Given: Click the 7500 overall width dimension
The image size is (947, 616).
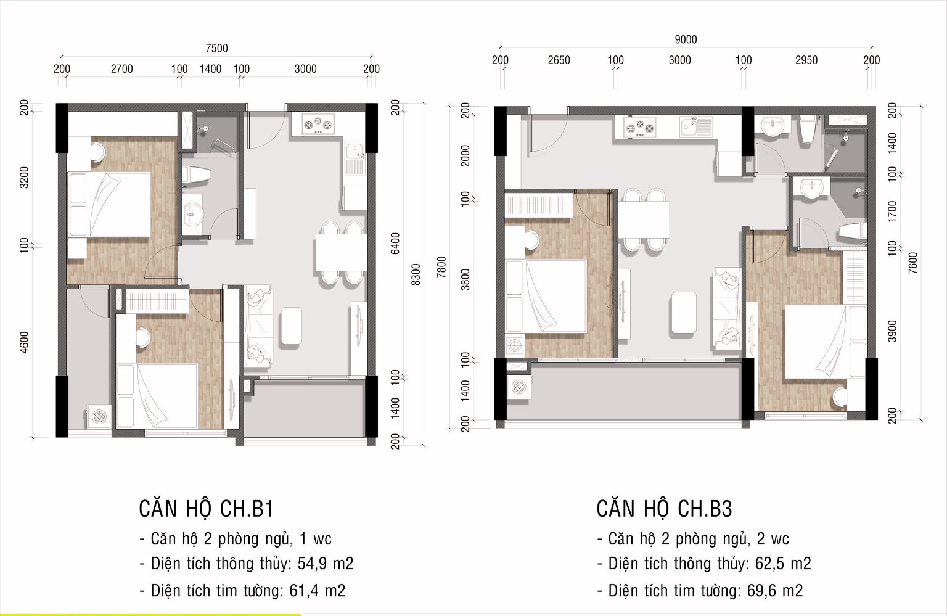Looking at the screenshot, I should [x=216, y=49].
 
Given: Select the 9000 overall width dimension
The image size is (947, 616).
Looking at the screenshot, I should [x=685, y=40].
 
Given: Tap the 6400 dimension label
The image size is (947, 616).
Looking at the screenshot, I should [x=395, y=243].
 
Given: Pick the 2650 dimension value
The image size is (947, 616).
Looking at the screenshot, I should [x=559, y=60].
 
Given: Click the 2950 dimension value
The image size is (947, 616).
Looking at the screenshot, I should [x=806, y=60].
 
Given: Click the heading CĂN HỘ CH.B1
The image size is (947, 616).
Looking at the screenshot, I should [x=206, y=509].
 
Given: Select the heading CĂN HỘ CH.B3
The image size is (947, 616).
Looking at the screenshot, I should [x=664, y=509].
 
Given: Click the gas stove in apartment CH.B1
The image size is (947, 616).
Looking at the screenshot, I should [x=318, y=125].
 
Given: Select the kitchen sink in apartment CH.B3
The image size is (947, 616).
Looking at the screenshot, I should [x=696, y=128].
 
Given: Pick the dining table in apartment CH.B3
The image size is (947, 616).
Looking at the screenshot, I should [x=644, y=220].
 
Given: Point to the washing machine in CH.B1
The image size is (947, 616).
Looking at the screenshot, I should [x=98, y=417].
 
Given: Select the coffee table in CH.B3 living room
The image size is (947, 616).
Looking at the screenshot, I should [x=683, y=311].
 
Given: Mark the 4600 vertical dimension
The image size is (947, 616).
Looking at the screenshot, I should [x=24, y=342].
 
